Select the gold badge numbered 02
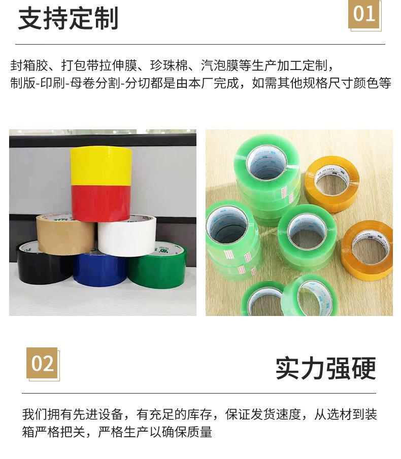[42, 363]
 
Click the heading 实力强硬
[325, 368]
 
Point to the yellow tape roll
[101, 165]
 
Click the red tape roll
[101, 203]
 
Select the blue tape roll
[99, 269]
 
